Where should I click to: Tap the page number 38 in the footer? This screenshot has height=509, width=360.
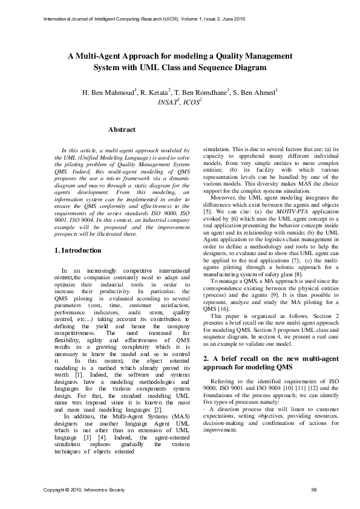coord(313,489)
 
